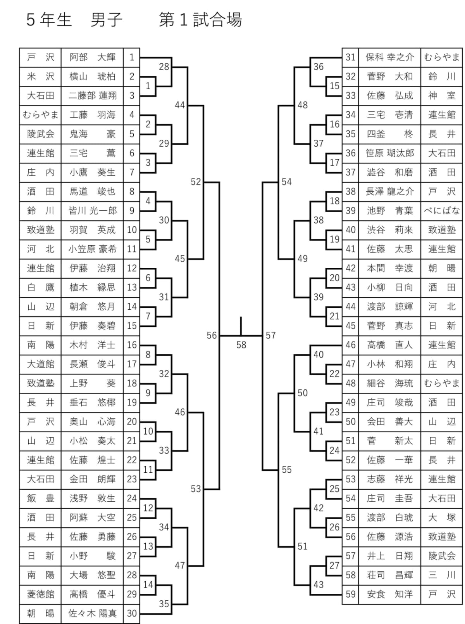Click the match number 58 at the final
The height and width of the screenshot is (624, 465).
pyautogui.click(x=241, y=345)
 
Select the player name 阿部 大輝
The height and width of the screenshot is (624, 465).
pyautogui.click(x=92, y=57)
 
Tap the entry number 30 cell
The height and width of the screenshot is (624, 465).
pyautogui.click(x=132, y=613)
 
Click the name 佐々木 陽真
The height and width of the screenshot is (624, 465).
pyautogui.click(x=92, y=613)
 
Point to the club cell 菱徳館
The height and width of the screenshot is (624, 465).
pyautogui.click(x=40, y=594)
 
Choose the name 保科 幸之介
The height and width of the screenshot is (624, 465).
pyautogui.click(x=389, y=57)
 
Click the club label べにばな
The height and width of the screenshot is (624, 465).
pyautogui.click(x=442, y=211)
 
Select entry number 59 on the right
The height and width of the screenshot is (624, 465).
pyautogui.click(x=350, y=594)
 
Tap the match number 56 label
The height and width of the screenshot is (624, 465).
pyautogui.click(x=212, y=335)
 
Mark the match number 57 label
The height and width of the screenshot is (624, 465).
pyautogui.click(x=270, y=335)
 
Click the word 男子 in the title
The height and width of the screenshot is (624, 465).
pyautogui.click(x=106, y=19)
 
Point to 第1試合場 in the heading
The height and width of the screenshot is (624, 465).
pyautogui.click(x=200, y=19)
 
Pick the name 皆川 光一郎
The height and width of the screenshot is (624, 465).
pyautogui.click(x=92, y=211)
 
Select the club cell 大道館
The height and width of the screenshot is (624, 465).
pyautogui.click(x=40, y=364)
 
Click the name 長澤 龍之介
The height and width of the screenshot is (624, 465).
pyautogui.click(x=389, y=191)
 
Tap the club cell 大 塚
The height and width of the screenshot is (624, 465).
pyautogui.click(x=442, y=517)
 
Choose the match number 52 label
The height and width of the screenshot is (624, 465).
pyautogui.click(x=196, y=182)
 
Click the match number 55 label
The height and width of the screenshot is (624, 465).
pyautogui.click(x=286, y=470)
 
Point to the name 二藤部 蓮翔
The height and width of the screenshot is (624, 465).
pyautogui.click(x=92, y=95)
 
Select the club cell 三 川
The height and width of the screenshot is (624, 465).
pyautogui.click(x=442, y=575)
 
